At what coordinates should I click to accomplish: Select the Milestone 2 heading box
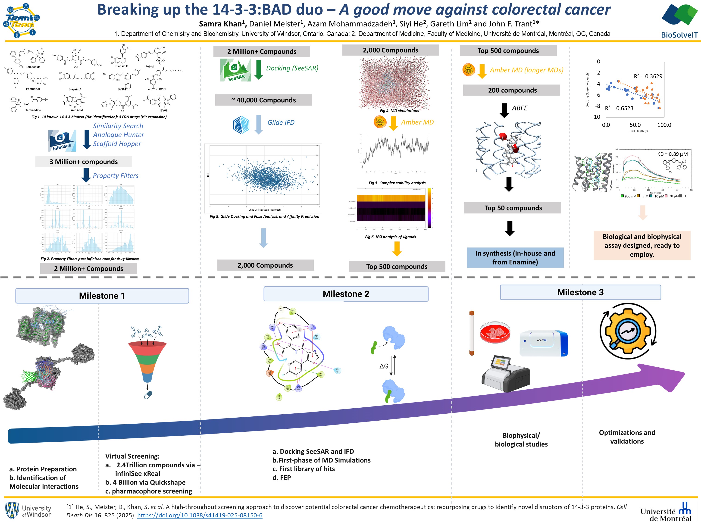(x=346, y=294)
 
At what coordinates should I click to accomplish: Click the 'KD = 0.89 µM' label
(x=672, y=154)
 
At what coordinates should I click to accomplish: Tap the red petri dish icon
(x=495, y=332)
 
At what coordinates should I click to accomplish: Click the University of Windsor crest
(x=12, y=510)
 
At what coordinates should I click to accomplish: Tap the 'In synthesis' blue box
(x=515, y=258)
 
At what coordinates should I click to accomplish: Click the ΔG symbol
(x=384, y=366)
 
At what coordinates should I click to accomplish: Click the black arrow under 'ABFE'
(x=504, y=111)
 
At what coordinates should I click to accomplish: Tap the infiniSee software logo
(x=62, y=140)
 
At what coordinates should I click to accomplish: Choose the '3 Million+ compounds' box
(x=84, y=162)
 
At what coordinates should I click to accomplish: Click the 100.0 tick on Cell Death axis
(x=664, y=125)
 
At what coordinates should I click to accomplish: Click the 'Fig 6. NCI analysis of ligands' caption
(x=390, y=237)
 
